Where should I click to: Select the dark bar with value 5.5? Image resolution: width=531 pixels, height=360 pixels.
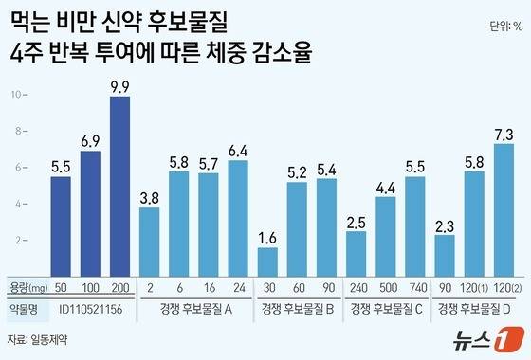tap(61, 227)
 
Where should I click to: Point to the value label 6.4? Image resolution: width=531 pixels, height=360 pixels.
tap(238, 150)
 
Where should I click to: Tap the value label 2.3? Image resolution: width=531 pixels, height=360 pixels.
tap(445, 225)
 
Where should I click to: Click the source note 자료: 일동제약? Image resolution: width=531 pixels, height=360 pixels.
tap(35, 337)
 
